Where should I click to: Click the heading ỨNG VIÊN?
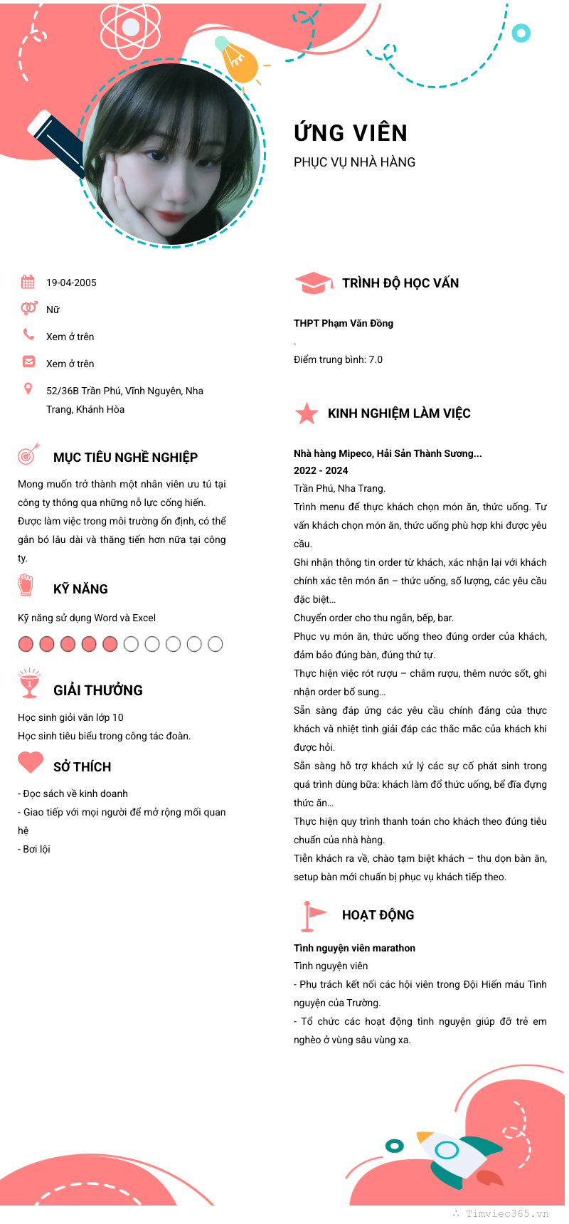(351, 133)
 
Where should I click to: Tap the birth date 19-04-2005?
(71, 283)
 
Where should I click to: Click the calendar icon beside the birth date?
(28, 282)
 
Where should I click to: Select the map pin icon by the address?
(28, 389)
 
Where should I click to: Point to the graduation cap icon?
(313, 283)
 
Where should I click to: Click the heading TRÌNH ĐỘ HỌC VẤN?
(400, 283)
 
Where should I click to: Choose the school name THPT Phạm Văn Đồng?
(344, 323)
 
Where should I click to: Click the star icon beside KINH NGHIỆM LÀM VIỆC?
(307, 413)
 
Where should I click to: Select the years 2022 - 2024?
(321, 470)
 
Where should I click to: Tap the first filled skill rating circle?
(26, 644)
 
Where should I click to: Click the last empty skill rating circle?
(216, 644)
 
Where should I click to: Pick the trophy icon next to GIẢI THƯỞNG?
(29, 683)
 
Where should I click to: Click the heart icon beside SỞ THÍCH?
(31, 762)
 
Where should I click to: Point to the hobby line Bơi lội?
(36, 849)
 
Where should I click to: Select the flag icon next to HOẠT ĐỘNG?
(312, 915)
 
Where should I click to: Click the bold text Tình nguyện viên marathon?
(354, 948)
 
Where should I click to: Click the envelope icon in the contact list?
(28, 362)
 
